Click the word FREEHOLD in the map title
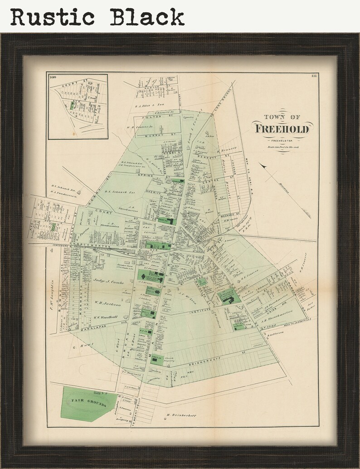(x=282, y=128)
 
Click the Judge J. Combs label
(x=109, y=282)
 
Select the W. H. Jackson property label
(x=107, y=304)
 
